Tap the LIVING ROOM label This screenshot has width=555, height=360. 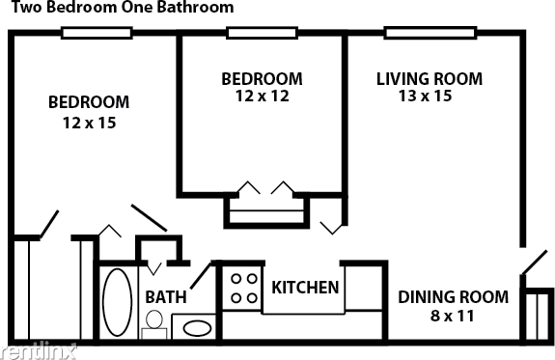click(x=429, y=78)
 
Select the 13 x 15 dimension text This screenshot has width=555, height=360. click(x=429, y=96)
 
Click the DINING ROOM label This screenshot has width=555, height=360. click(x=453, y=296)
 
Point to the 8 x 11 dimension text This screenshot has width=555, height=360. click(x=453, y=315)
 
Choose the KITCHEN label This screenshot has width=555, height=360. click(x=305, y=288)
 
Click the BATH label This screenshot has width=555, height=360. click(x=166, y=297)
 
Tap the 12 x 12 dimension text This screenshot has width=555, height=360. click(x=262, y=96)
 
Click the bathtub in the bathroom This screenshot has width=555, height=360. click(x=118, y=302)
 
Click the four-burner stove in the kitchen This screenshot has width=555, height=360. click(x=242, y=288)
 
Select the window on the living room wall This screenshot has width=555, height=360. click(x=421, y=33)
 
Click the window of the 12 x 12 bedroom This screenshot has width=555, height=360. click(x=262, y=33)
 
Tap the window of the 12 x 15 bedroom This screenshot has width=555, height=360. click(x=97, y=33)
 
